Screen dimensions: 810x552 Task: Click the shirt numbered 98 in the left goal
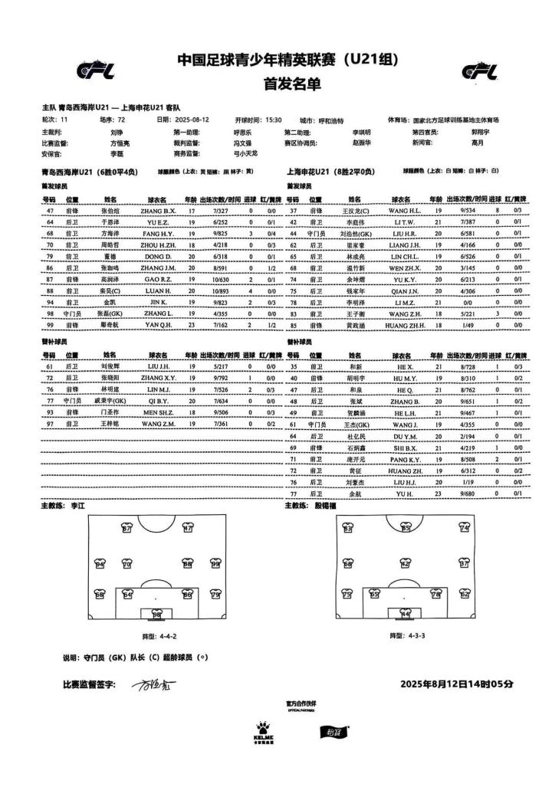coord(156,614)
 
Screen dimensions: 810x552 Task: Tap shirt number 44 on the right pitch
coord(405,614)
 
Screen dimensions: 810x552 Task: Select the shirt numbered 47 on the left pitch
coord(188,528)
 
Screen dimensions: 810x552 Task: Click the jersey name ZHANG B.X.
coord(158,210)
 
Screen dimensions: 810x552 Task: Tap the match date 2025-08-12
coord(193,120)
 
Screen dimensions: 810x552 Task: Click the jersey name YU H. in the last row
coord(405,494)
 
